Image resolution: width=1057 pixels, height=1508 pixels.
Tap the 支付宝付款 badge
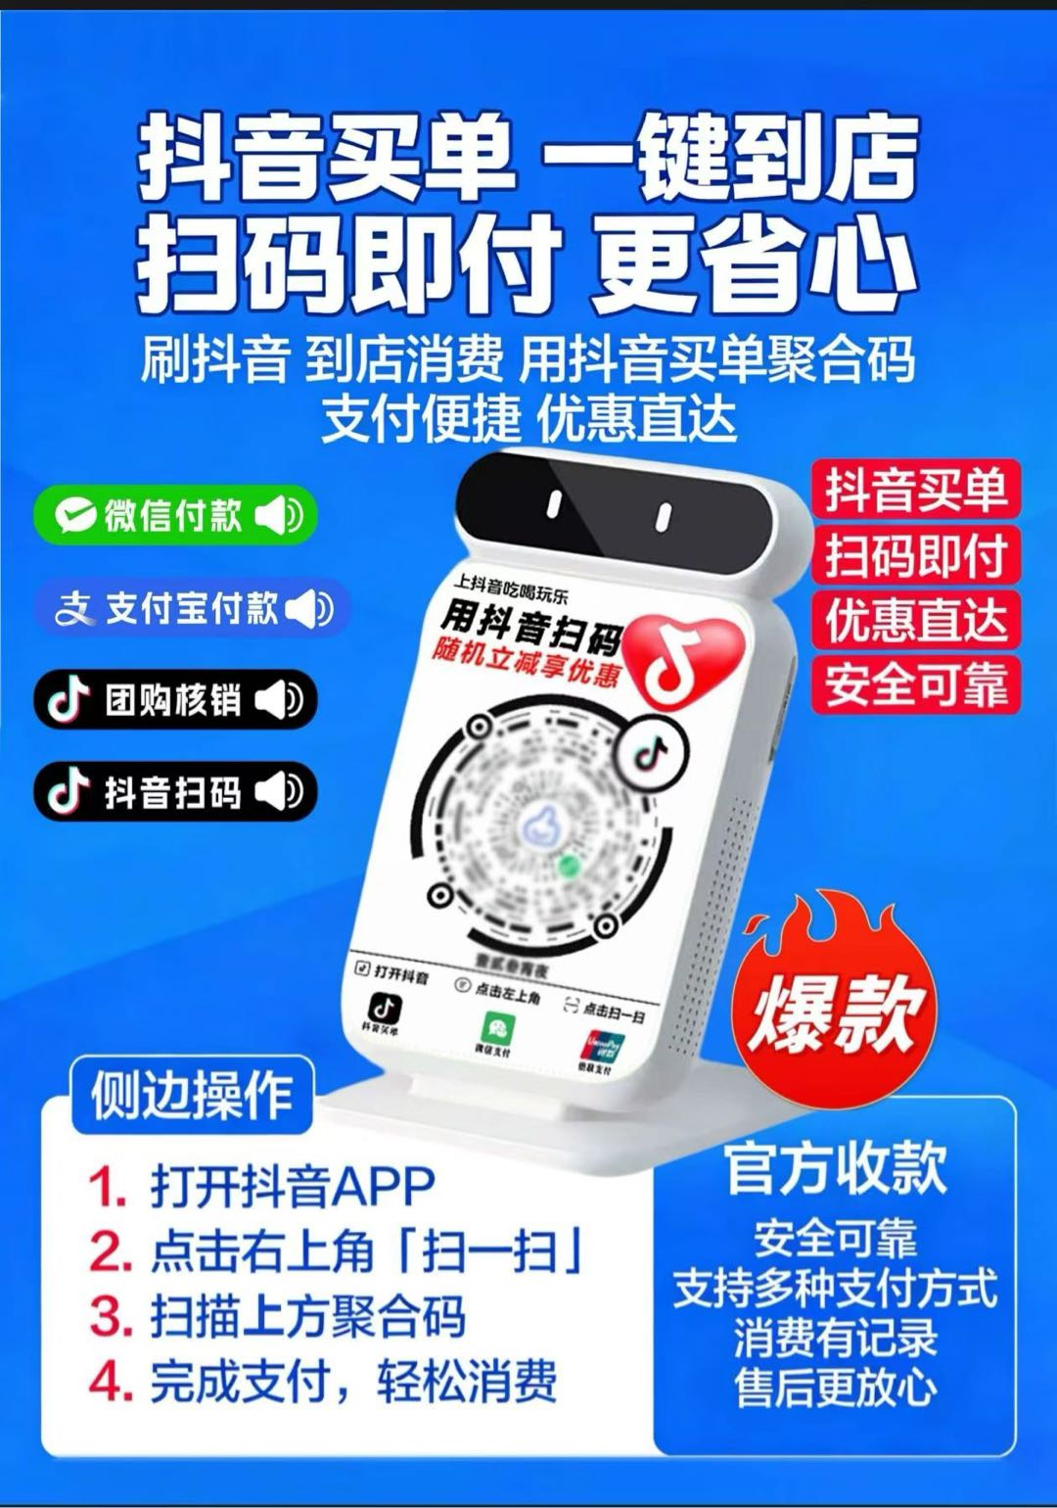coord(192,608)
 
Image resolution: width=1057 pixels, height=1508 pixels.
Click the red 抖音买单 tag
coord(916,489)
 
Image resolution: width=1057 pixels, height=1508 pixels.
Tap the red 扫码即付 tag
coord(916,554)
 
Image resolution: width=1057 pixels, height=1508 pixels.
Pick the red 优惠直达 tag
coord(916,620)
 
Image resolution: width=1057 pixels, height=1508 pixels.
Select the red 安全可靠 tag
coord(916,684)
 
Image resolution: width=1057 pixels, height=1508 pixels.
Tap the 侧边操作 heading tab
coord(192,1095)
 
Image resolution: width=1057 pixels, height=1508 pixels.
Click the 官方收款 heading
coord(835,1167)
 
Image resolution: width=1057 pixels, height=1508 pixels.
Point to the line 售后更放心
coord(835,1387)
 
